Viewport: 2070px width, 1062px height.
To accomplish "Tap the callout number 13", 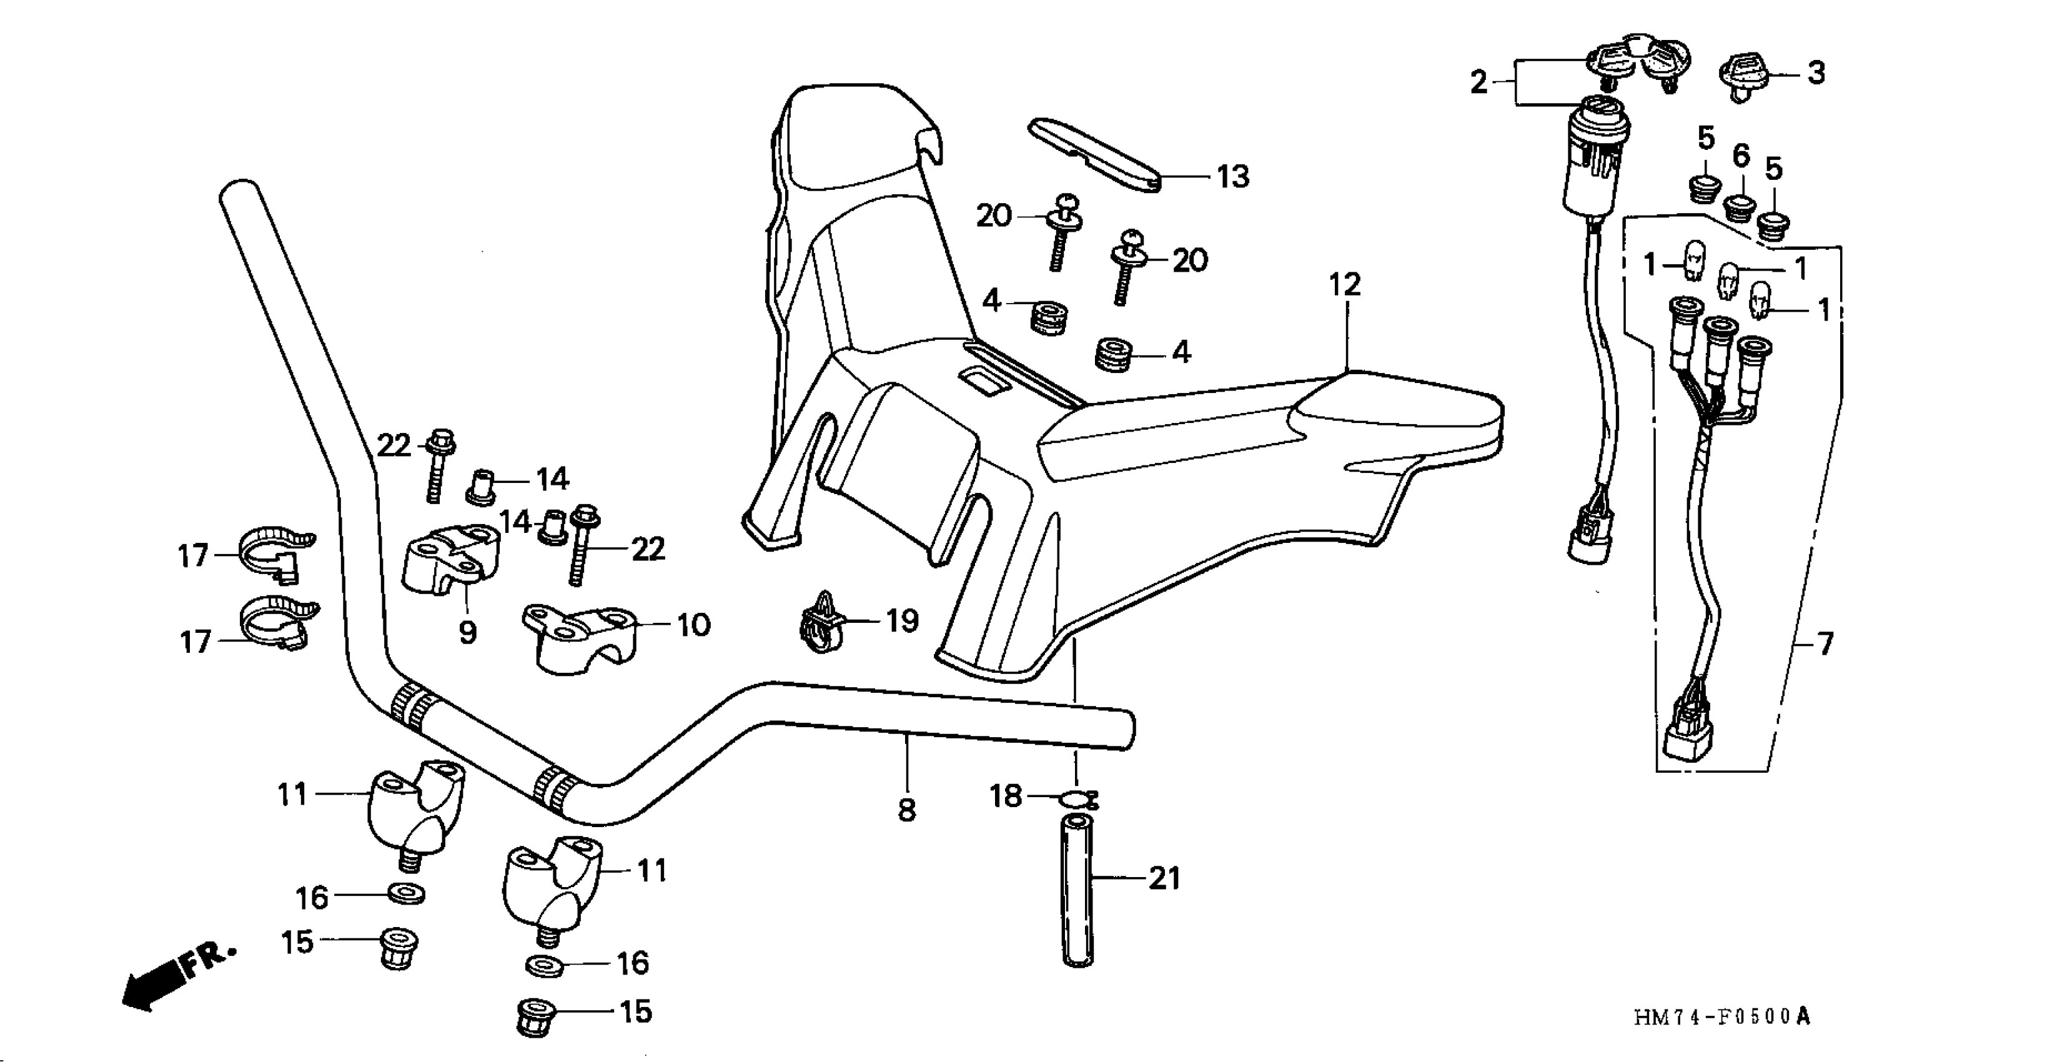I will pos(1234,177).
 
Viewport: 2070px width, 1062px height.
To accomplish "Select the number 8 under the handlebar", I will pos(906,810).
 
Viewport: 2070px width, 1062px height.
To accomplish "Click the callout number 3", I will pos(1816,73).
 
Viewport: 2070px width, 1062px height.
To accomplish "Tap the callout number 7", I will pos(1825,644).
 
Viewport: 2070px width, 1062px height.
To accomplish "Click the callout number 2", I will pos(1478,82).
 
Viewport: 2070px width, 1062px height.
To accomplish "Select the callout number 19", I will pos(903,620).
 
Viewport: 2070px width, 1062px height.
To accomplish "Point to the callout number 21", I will pos(1164,879).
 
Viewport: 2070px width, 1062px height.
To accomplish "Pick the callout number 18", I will pos(1005,797).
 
